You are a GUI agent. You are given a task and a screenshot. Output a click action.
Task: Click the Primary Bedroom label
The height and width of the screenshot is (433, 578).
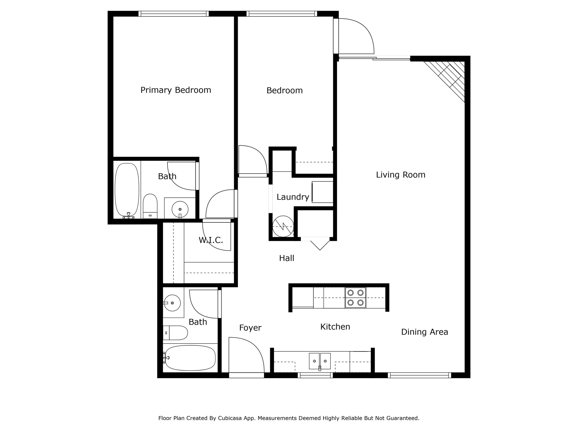176,90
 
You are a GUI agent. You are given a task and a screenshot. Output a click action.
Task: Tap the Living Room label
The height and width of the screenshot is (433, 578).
400,175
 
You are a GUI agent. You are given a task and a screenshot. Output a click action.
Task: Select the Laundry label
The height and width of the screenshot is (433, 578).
293,197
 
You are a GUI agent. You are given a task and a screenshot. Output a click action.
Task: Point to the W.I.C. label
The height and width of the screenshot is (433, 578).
211,240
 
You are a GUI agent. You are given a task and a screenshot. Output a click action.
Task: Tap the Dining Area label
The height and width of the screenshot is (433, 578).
424,332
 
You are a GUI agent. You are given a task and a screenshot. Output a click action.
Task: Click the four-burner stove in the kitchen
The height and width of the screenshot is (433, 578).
355,298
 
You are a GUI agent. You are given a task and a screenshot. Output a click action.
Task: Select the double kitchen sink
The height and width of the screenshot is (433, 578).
320,361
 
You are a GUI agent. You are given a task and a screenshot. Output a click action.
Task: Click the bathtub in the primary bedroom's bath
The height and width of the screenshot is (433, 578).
127,190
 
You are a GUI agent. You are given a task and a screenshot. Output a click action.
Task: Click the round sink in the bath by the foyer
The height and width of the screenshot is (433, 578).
172,303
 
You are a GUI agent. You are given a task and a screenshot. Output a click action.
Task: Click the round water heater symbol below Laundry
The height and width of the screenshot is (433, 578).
283,226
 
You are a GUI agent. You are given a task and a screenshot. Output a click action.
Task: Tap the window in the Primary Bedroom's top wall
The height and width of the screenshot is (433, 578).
174,14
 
